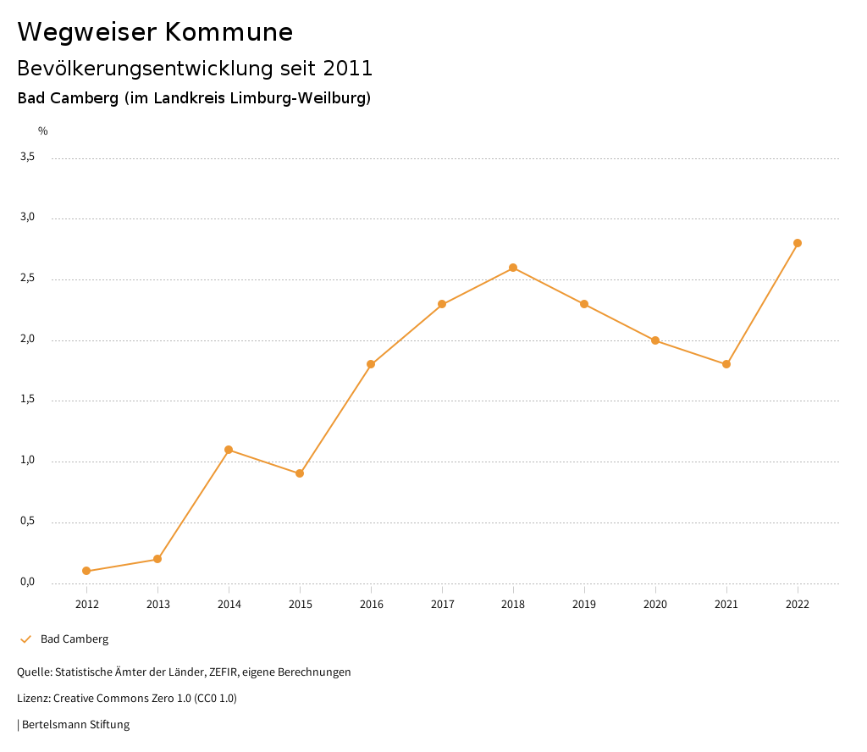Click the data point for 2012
coord(86,571)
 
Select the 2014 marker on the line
coord(229,450)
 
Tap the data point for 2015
coord(300,473)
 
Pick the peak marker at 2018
coord(513,268)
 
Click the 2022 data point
coord(798,243)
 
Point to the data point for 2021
coord(726,364)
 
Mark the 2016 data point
coord(371,364)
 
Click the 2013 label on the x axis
coord(157,604)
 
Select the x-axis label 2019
coord(584,604)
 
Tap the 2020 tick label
coord(655,604)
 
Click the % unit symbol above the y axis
coord(43,131)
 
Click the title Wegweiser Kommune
coord(155,32)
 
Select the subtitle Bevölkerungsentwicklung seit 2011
coord(195,68)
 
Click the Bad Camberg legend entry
coord(75,639)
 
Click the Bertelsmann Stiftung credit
coord(75,725)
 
